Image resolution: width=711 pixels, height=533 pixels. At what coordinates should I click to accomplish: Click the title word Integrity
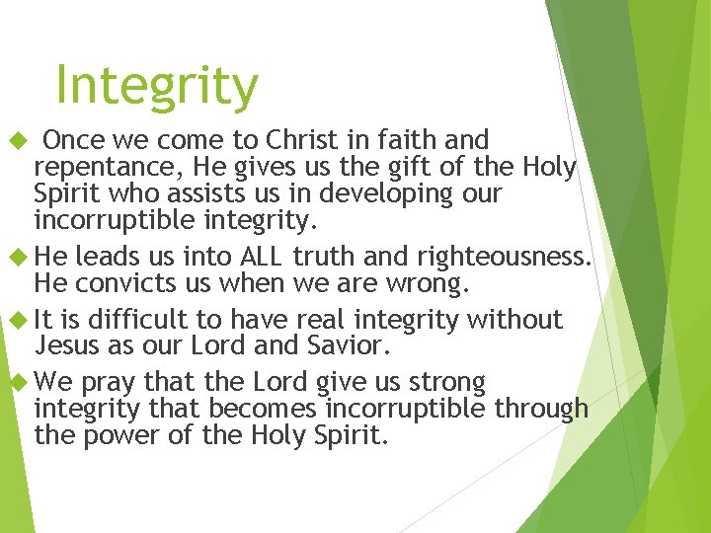click(x=157, y=86)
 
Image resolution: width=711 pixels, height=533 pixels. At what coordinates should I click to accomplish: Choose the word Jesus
click(x=66, y=345)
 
